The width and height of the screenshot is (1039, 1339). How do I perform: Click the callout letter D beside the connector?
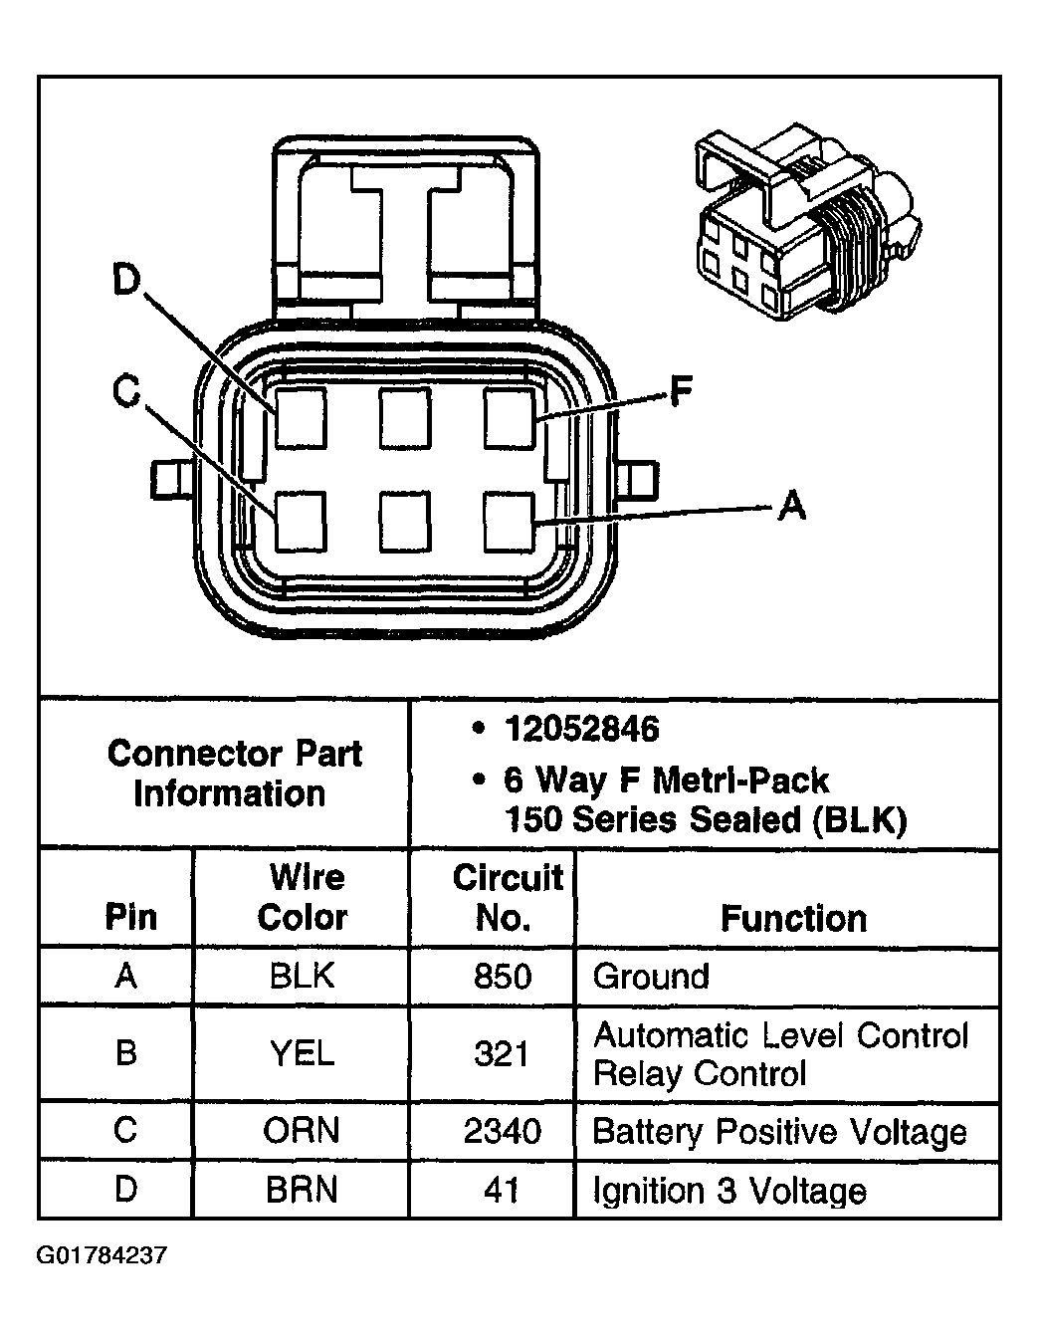pos(125,283)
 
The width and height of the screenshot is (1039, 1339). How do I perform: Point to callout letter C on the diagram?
pos(125,392)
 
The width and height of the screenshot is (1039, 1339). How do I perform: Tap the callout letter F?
pos(680,392)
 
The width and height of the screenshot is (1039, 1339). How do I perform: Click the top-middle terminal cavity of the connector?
pos(404,418)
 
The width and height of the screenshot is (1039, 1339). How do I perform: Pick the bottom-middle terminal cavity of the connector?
pos(404,522)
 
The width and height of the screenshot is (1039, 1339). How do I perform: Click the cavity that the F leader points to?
pos(511,418)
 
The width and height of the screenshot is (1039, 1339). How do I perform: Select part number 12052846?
pos(581,730)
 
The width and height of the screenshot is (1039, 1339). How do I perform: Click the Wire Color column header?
pos(303,898)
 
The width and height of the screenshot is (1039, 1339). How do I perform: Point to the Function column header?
pos(793,918)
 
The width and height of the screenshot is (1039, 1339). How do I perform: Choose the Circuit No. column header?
pos(507,898)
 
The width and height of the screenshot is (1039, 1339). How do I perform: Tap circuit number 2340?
pos(503,1132)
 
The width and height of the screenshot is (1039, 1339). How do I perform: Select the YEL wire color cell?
pos(302,1053)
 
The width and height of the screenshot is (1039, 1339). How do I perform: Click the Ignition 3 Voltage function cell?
pos(728,1191)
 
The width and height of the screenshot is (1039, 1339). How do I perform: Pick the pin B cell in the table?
pos(125,1053)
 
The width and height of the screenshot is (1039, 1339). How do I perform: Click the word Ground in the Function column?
pos(651,977)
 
